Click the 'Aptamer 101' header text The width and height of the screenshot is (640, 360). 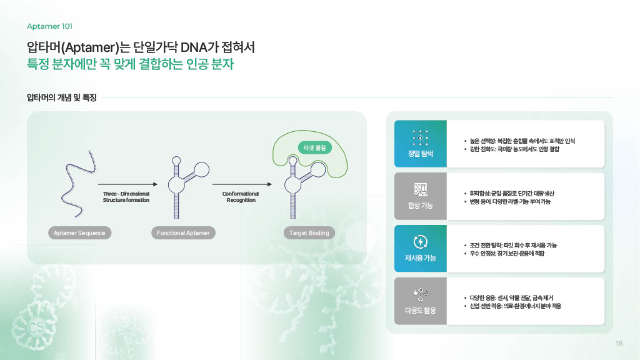50,26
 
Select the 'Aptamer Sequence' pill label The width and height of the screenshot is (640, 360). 79,233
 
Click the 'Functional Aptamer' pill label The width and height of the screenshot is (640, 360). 183,233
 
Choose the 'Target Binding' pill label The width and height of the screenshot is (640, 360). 309,233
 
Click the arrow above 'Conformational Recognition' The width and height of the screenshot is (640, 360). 242,184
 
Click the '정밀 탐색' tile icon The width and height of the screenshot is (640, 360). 421,137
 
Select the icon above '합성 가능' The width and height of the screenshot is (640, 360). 421,189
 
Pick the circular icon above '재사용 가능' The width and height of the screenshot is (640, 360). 421,242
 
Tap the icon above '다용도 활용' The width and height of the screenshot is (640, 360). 421,294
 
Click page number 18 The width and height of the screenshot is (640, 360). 619,343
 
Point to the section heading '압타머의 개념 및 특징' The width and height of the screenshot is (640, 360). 61,97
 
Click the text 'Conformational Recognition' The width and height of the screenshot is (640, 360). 241,197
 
